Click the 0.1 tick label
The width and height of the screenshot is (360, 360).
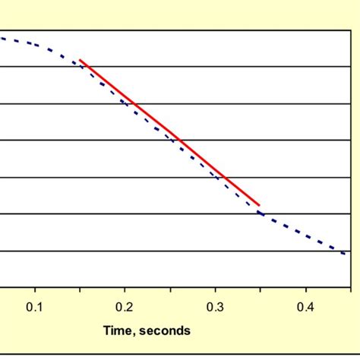(x=35, y=307)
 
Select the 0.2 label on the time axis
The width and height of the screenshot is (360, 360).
(x=125, y=307)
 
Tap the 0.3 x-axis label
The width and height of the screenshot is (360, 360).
(x=216, y=307)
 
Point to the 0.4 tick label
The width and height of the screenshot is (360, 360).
(x=306, y=307)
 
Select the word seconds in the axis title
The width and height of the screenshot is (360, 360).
(x=167, y=330)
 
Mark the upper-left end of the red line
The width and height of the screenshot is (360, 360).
(x=80, y=59)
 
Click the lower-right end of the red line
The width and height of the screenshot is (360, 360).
(x=261, y=205)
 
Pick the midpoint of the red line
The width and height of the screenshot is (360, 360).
(x=170, y=132)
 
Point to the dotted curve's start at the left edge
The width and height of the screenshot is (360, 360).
(x=2, y=37)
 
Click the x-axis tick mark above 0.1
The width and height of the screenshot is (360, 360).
(x=35, y=289)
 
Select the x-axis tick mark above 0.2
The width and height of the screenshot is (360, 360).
(x=125, y=289)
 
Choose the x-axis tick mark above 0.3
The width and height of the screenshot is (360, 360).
(x=216, y=289)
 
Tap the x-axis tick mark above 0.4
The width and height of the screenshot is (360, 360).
(x=306, y=289)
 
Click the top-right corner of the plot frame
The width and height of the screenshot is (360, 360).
(x=351, y=30)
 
